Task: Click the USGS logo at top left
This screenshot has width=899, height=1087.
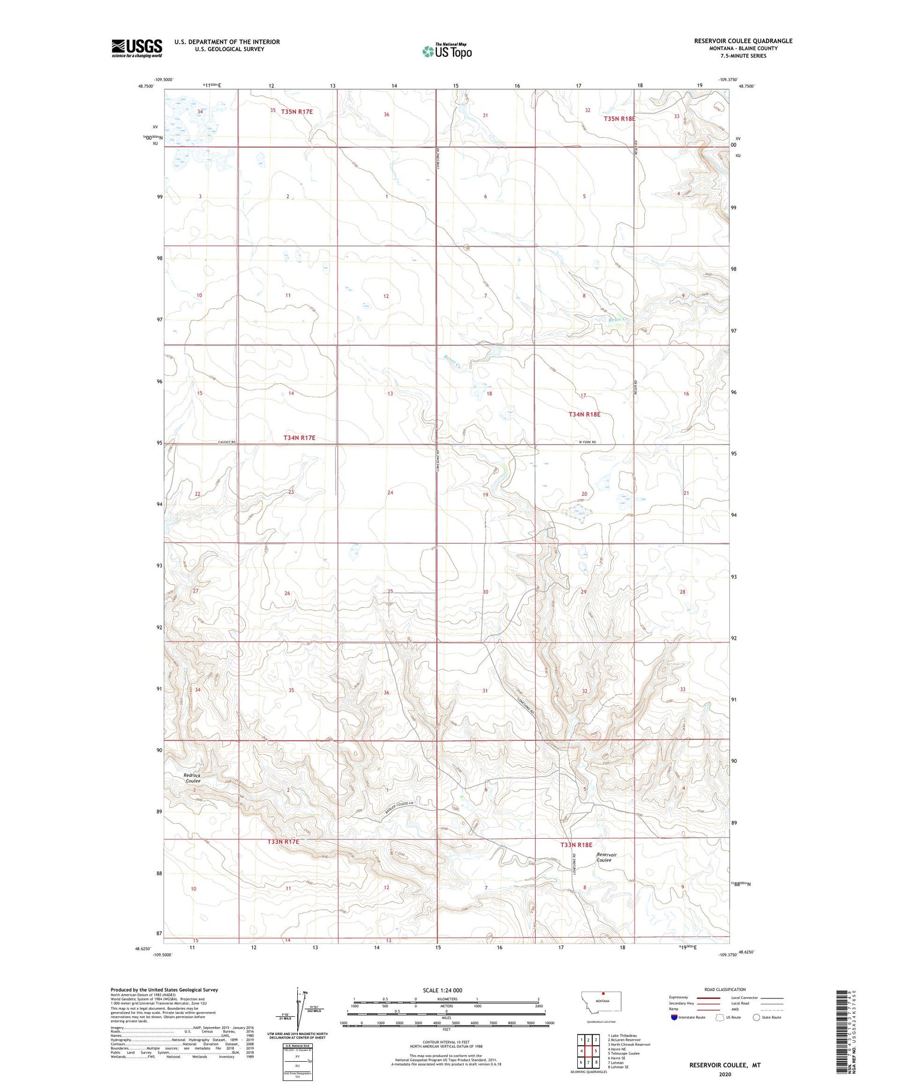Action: pyautogui.click(x=137, y=48)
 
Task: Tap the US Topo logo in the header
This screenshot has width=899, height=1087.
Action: pyautogui.click(x=447, y=52)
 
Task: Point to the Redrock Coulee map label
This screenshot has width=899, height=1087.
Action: pyautogui.click(x=192, y=778)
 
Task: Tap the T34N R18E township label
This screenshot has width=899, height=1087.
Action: pyautogui.click(x=584, y=414)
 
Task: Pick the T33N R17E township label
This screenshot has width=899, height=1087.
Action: pyautogui.click(x=283, y=842)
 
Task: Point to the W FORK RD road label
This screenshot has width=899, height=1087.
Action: pyautogui.click(x=589, y=442)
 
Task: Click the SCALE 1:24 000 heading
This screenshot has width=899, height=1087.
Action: pyautogui.click(x=442, y=990)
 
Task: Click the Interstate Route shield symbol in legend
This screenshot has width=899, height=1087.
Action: pyautogui.click(x=674, y=1017)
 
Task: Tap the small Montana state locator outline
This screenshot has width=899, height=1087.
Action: pyautogui.click(x=602, y=1002)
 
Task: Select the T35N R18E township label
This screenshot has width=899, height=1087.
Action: pyautogui.click(x=619, y=119)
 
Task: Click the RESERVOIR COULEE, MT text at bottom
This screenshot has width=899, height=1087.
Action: pyautogui.click(x=725, y=1065)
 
